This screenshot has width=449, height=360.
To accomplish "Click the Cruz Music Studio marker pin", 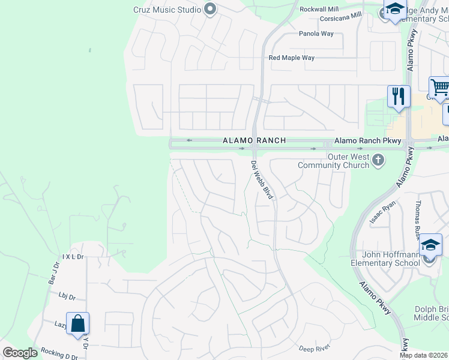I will (x=209, y=8).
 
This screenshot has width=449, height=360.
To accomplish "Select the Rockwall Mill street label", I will (x=319, y=10).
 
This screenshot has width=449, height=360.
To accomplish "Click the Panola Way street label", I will (x=316, y=34).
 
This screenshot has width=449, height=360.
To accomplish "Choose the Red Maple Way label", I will (x=291, y=58).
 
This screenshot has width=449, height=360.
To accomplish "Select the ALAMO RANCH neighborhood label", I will (x=254, y=140).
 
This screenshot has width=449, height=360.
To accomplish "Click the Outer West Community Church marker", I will (x=378, y=160).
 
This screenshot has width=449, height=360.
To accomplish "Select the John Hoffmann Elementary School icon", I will (x=430, y=247).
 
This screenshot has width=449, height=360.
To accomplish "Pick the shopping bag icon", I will (x=78, y=324).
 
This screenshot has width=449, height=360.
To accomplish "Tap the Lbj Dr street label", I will (x=67, y=296).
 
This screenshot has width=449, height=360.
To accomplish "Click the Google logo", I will (x=20, y=353).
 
